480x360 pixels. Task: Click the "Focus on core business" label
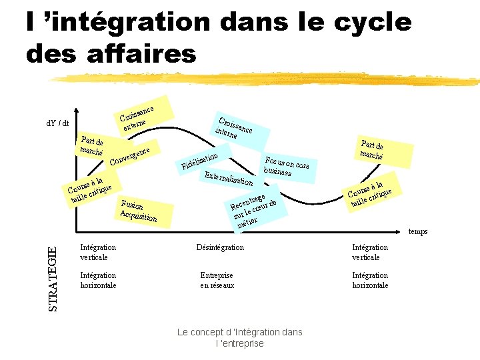[x=286, y=166]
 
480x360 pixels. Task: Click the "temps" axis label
[x=417, y=232]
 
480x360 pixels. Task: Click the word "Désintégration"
[x=221, y=247]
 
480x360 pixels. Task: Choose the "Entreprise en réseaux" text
[x=217, y=280]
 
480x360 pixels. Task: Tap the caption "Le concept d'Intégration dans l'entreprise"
[x=239, y=337]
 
